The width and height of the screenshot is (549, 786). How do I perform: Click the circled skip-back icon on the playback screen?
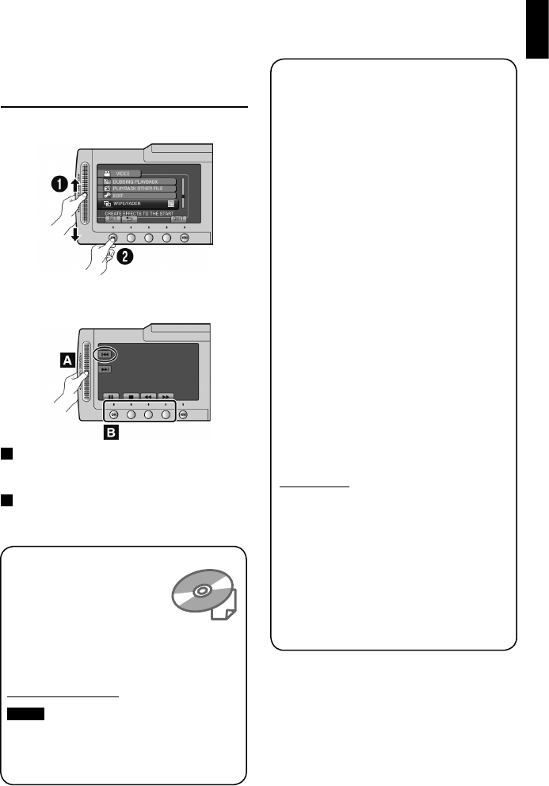pyautogui.click(x=105, y=355)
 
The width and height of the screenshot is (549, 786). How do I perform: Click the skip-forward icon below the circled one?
pyautogui.click(x=105, y=369)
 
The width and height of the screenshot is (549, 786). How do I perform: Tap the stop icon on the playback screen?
pyautogui.click(x=128, y=395)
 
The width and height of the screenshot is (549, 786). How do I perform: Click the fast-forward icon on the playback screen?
pyautogui.click(x=166, y=395)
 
